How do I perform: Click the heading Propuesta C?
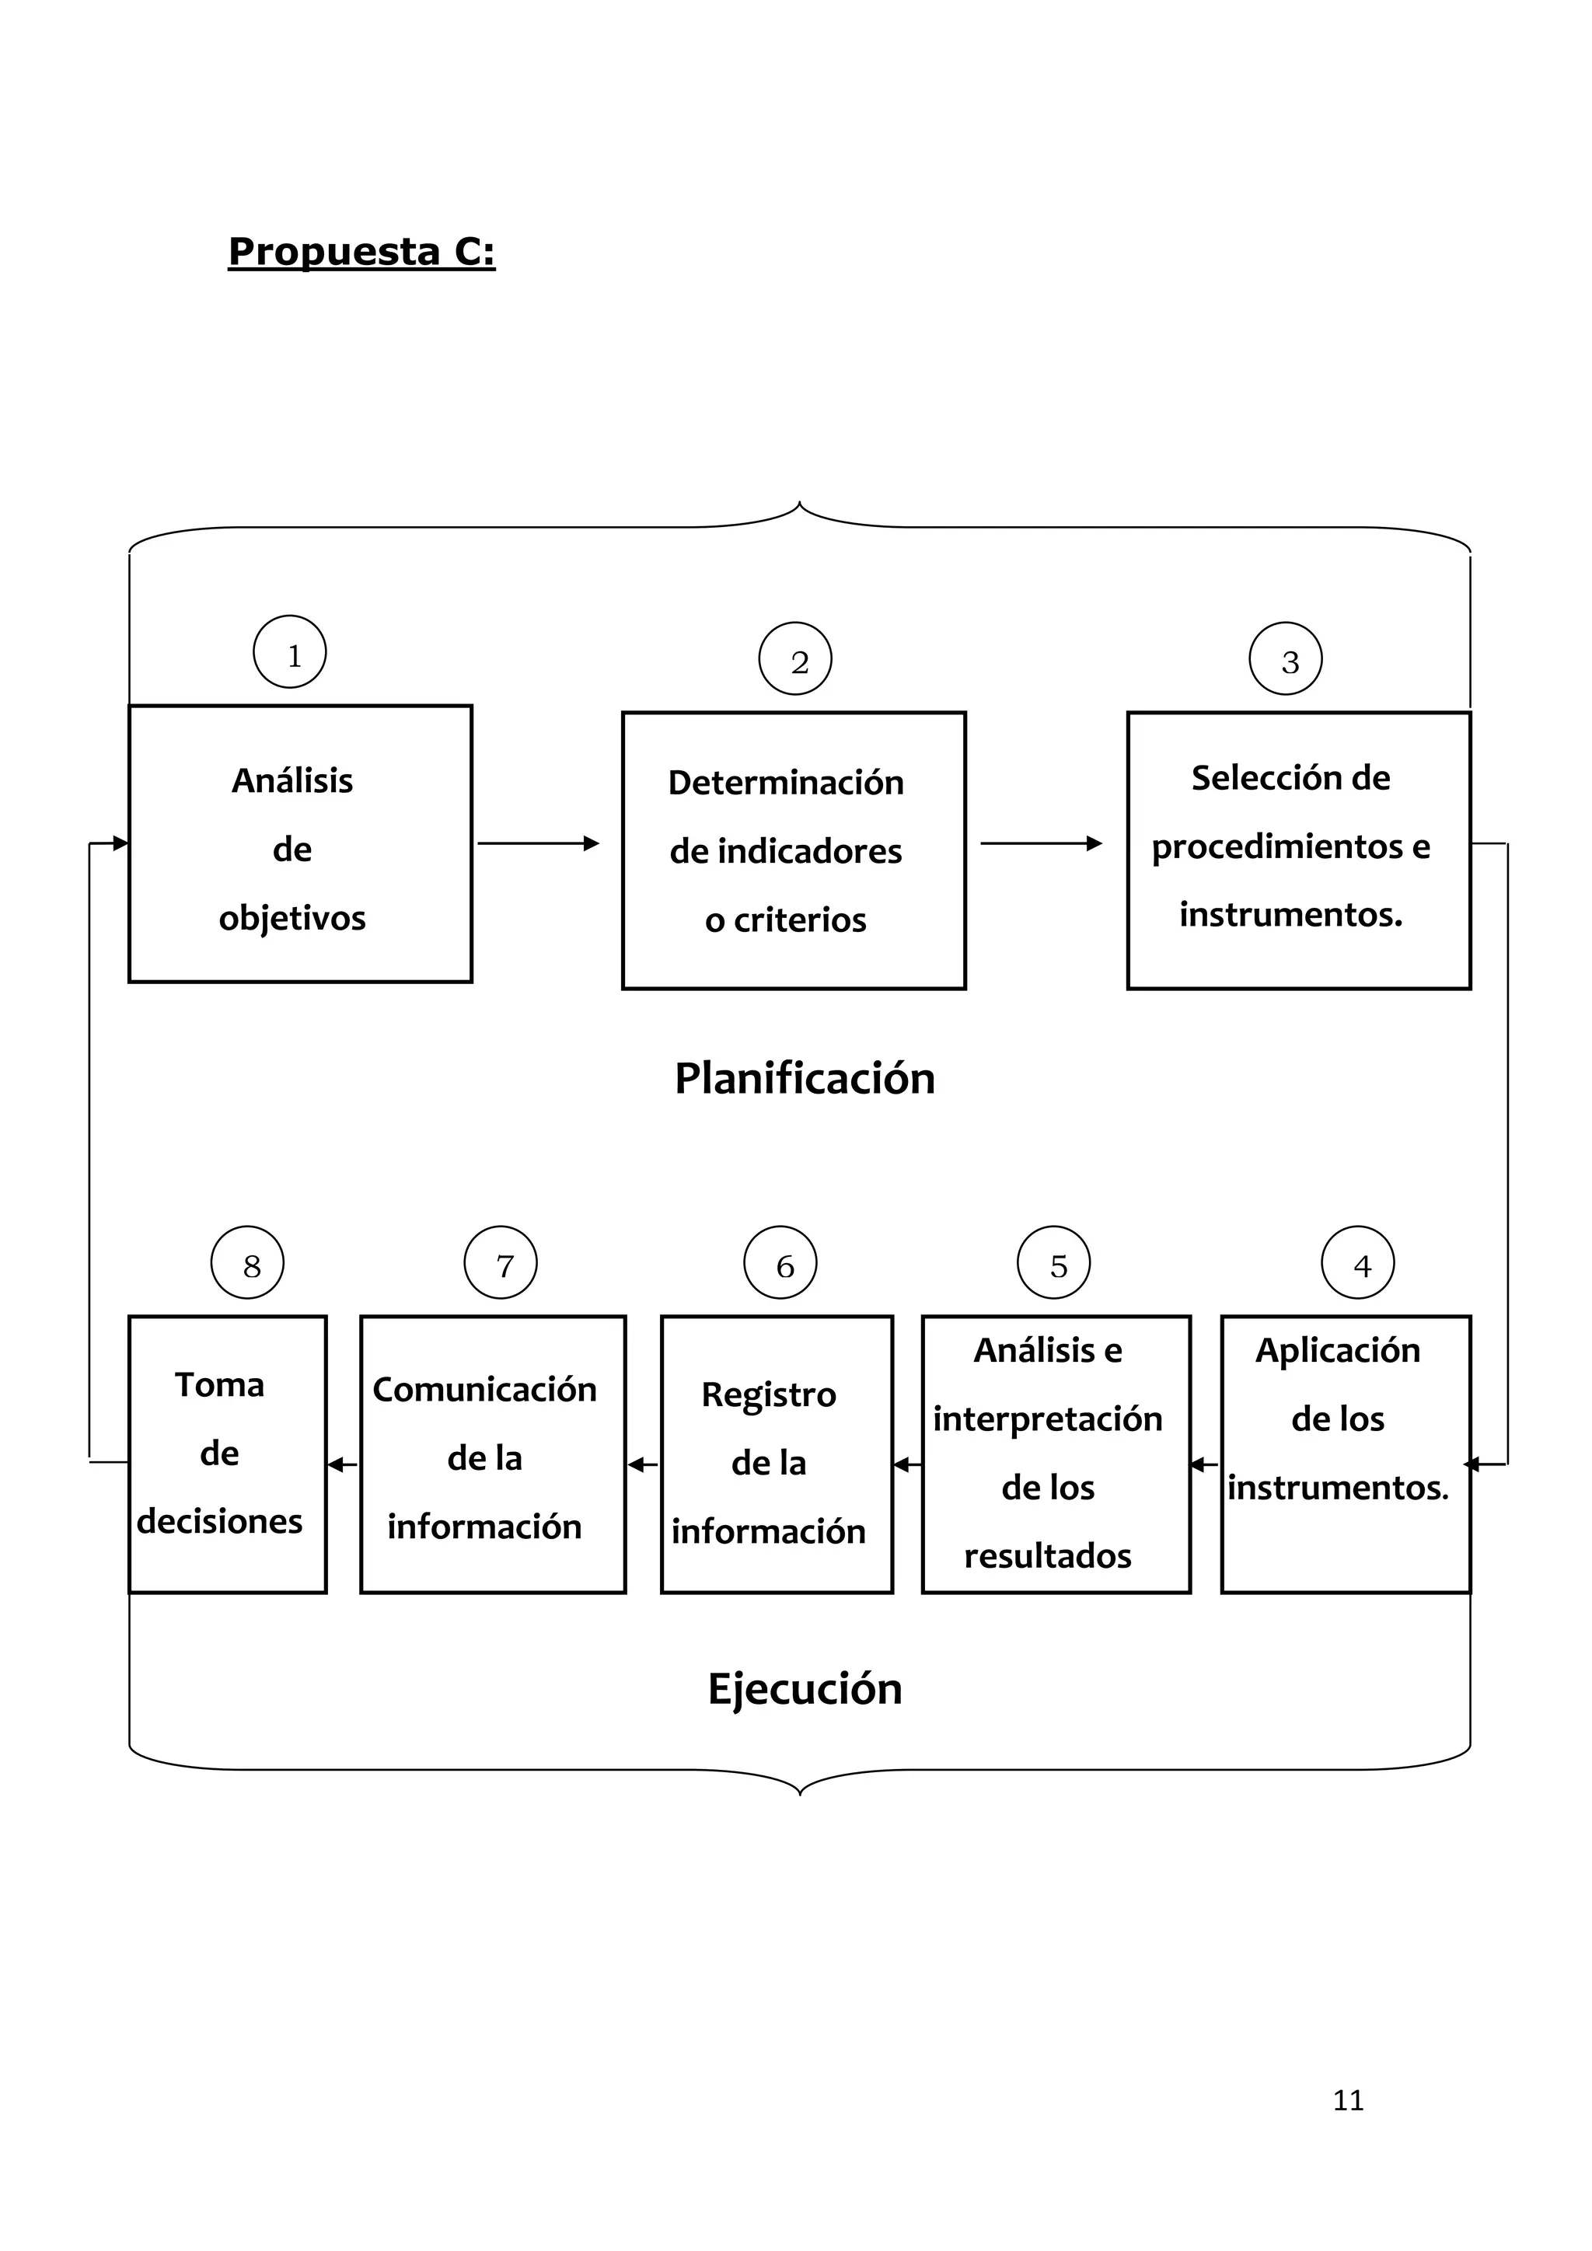coord(361,252)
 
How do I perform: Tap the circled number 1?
coord(290,652)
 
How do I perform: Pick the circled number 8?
coord(247,1263)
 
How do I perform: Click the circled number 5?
coord(1054,1263)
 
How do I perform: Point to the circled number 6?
coord(780,1263)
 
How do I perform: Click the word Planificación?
coord(804,1078)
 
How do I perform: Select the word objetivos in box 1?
coord(292,919)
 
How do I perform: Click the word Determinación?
coord(785,783)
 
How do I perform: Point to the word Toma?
coord(219,1385)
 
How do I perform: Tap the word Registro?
coord(769,1394)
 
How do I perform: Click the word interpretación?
coord(1047,1419)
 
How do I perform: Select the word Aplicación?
coord(1337,1350)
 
